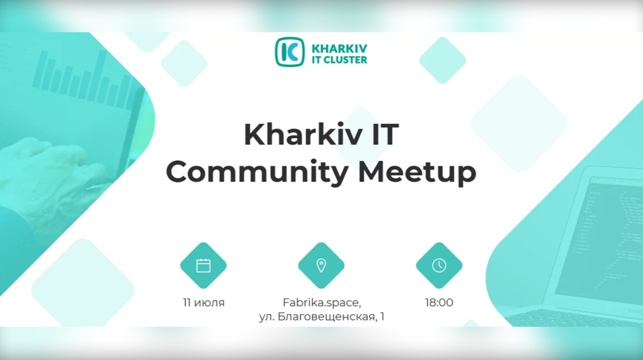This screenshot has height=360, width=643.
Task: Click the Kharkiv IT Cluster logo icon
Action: tap(289, 52)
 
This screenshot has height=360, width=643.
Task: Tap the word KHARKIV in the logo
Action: tap(339, 48)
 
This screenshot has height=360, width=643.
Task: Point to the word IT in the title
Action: tap(385, 134)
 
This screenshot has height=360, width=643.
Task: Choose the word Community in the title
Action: tap(257, 171)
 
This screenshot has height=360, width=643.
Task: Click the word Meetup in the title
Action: tap(417, 171)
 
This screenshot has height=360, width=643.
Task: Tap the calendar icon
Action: tap(203, 265)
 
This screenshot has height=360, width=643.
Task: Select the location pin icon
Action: tap(321, 265)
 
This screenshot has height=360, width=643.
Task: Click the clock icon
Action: tap(439, 265)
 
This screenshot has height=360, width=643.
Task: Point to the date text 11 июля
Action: tap(204, 303)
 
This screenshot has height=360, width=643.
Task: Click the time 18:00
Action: tap(439, 303)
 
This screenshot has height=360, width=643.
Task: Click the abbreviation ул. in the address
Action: tap(267, 317)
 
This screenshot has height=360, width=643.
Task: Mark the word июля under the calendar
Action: tap(210, 303)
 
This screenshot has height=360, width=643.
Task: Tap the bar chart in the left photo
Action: tap(86, 80)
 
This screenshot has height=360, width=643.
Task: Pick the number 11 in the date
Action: tap(187, 303)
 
